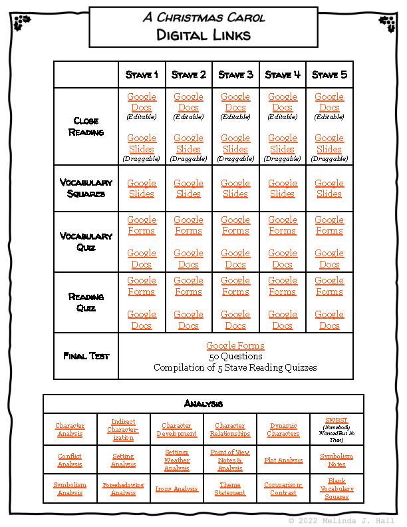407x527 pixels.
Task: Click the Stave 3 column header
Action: point(235,75)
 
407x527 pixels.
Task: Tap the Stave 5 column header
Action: point(329,75)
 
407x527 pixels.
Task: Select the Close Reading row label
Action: point(86,126)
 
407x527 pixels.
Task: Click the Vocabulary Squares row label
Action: point(86,188)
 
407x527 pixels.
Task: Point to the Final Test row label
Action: point(86,356)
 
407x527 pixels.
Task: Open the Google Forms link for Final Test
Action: point(235,345)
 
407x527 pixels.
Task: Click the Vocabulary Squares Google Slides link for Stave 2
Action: point(189,188)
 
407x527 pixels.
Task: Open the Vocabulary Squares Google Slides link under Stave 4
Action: point(283,188)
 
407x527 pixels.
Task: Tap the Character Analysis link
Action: point(70,430)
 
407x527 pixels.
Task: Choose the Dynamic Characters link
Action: point(283,430)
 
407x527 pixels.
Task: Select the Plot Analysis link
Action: point(283,460)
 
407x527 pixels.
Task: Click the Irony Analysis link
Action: point(177,489)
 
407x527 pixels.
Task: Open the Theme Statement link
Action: point(230,489)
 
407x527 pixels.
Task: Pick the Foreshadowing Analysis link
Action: point(123,489)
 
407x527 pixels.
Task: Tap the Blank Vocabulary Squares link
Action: point(337,489)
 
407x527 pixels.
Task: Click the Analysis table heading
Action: point(203,404)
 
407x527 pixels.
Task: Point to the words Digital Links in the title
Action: point(203,34)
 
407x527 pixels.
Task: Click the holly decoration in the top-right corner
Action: point(386,24)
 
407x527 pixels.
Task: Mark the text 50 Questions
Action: point(235,357)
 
